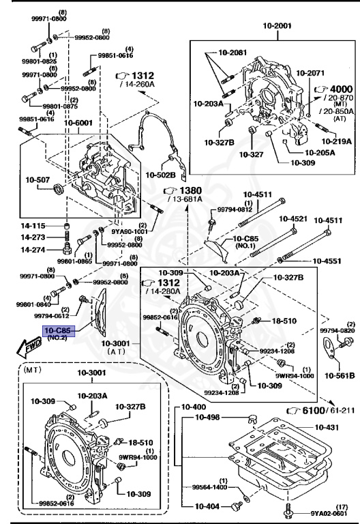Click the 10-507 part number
click(37, 180)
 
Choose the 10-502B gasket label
click(161, 175)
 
